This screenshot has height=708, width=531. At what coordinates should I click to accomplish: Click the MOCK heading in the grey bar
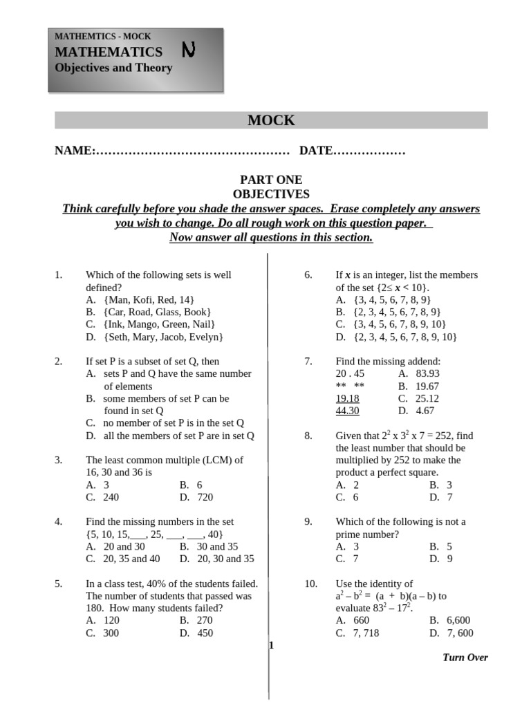(x=271, y=120)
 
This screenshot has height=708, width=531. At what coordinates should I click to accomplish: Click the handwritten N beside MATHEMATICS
(x=188, y=50)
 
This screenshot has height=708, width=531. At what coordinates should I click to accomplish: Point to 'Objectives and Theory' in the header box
(x=113, y=68)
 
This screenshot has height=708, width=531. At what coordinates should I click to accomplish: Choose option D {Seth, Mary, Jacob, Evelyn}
(x=163, y=337)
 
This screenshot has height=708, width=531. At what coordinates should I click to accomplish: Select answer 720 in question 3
(x=205, y=497)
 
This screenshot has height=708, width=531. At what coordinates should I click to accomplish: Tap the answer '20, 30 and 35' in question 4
(x=225, y=559)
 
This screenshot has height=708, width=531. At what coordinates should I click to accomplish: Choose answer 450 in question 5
(x=205, y=633)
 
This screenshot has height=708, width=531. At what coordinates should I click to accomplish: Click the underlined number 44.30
(x=347, y=411)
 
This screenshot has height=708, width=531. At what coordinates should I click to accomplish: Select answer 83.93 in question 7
(x=427, y=373)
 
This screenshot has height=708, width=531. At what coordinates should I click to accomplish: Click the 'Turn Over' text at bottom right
(x=465, y=658)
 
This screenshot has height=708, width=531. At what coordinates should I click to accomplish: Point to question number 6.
(x=308, y=275)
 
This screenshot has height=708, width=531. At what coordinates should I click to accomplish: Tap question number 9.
(x=308, y=522)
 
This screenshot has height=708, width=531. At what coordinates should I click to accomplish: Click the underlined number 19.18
(x=347, y=398)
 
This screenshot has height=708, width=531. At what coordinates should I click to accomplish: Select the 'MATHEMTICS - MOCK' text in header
(x=102, y=37)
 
